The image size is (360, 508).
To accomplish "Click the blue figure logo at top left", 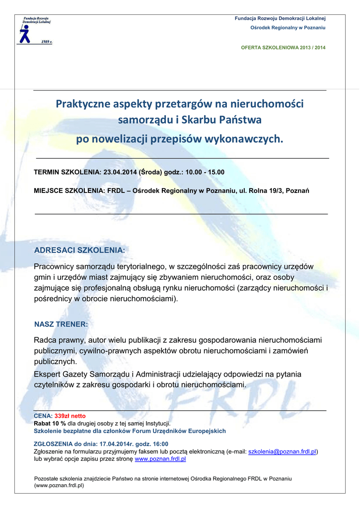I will point(25,34).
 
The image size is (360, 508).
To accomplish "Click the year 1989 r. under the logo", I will point(46,42).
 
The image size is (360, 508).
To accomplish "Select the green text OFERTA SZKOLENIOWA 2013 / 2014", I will point(283,48).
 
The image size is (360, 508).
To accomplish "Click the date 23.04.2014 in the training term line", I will point(120,172).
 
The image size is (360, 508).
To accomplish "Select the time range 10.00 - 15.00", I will point(205,172).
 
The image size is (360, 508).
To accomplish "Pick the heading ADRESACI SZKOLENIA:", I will point(79,250).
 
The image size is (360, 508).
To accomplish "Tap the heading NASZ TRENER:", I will point(61,324).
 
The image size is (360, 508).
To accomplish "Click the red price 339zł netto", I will point(70,416).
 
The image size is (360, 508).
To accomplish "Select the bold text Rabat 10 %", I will point(50,423).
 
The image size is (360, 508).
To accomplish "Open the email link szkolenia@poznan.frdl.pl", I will point(282,451).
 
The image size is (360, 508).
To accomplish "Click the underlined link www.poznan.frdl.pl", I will point(160,459).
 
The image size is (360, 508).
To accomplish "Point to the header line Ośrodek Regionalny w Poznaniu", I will point(288,27).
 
